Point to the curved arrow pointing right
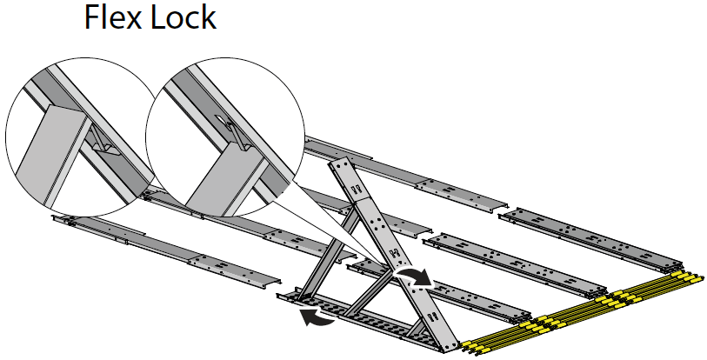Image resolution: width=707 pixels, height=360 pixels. pos(415,277)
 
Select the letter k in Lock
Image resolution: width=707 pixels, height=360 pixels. pos(206,17)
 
